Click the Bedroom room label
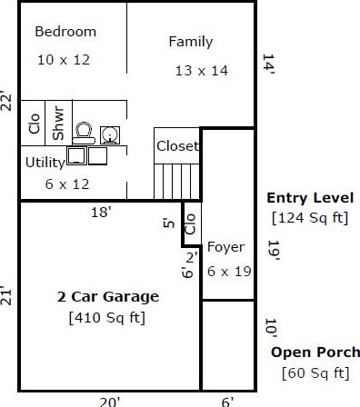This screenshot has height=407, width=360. [x=65, y=32]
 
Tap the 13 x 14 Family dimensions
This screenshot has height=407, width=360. [x=202, y=71]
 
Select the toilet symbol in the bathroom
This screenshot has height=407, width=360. [x=84, y=133]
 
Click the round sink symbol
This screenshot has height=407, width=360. [x=110, y=135]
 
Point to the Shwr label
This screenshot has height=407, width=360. [x=58, y=123]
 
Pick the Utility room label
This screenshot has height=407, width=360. [x=45, y=163]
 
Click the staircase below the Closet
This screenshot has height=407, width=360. [x=176, y=182]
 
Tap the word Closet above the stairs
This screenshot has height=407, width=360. [x=177, y=146]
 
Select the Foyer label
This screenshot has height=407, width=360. [x=225, y=248]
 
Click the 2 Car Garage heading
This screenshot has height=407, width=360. [x=108, y=297]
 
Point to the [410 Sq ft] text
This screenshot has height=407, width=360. [x=107, y=318]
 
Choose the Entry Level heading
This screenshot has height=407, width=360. [x=310, y=198]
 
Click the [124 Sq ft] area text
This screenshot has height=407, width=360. [x=310, y=218]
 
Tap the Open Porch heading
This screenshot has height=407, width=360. [x=315, y=352]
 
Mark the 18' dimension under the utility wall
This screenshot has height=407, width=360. [x=101, y=212]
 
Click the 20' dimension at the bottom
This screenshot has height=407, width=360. [x=110, y=402]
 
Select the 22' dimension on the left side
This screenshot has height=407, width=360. [x=6, y=100]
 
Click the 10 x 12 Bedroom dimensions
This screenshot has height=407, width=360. [x=64, y=60]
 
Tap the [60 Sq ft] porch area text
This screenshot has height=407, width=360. [x=315, y=373]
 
